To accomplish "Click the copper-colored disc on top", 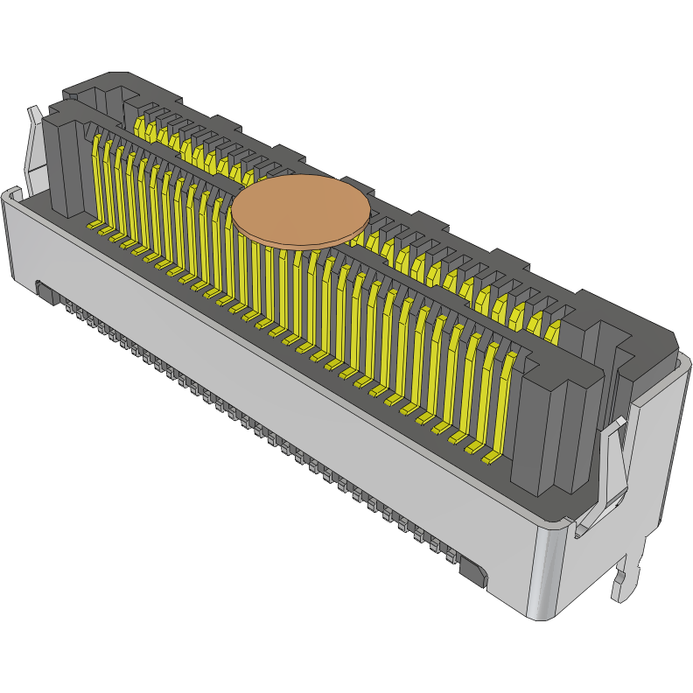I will pos(301,211).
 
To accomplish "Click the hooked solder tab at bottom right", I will pos(625,581).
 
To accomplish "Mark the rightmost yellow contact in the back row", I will pos(553,331).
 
